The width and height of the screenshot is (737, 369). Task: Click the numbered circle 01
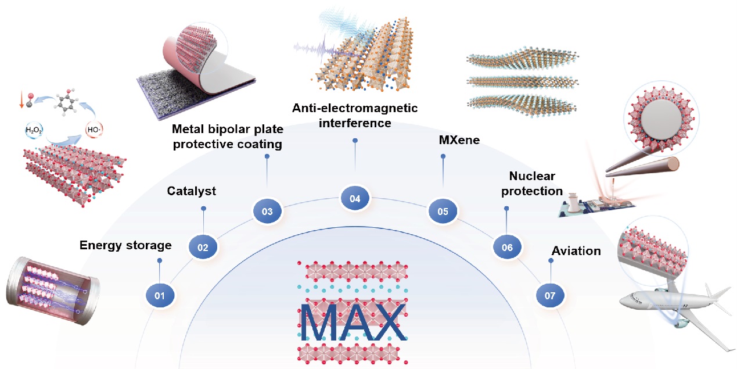[160, 296]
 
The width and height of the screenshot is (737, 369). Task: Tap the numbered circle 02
[203, 248]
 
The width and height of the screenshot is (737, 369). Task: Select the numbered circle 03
[267, 212]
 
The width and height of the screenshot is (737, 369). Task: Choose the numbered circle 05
[443, 212]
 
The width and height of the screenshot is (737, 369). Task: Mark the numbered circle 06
[507, 248]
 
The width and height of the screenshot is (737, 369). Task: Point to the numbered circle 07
[550, 296]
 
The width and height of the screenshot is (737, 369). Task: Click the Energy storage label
[125, 245]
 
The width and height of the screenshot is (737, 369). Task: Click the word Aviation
[576, 252]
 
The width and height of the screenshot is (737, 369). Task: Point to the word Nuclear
[532, 175]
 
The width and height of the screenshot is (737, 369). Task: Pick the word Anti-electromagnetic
[355, 108]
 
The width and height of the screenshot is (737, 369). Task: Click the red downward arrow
[21, 101]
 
